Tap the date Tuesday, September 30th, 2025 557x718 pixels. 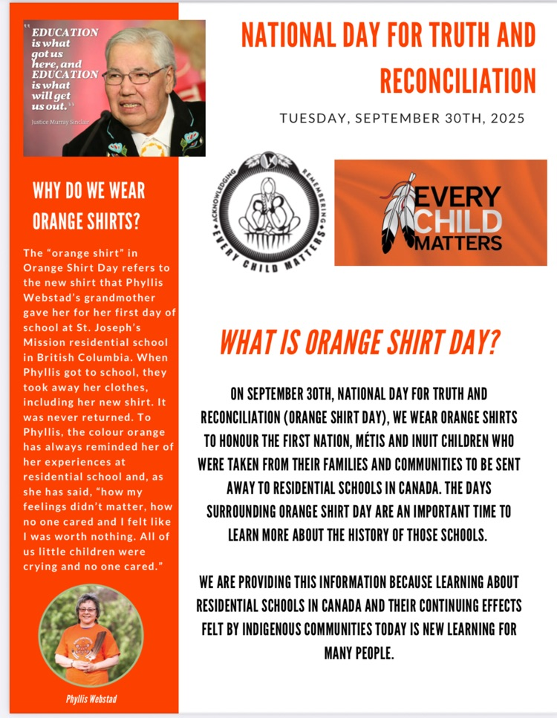coord(402,118)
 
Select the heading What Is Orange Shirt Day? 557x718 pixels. coord(359,343)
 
